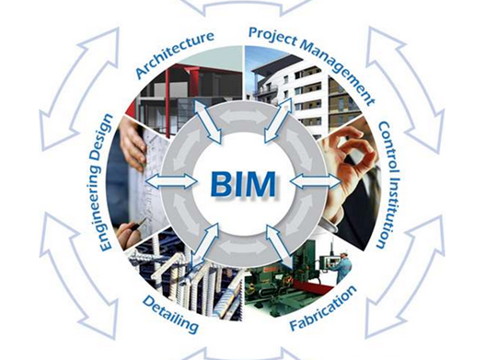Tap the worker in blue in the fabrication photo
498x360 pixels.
(342, 266)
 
